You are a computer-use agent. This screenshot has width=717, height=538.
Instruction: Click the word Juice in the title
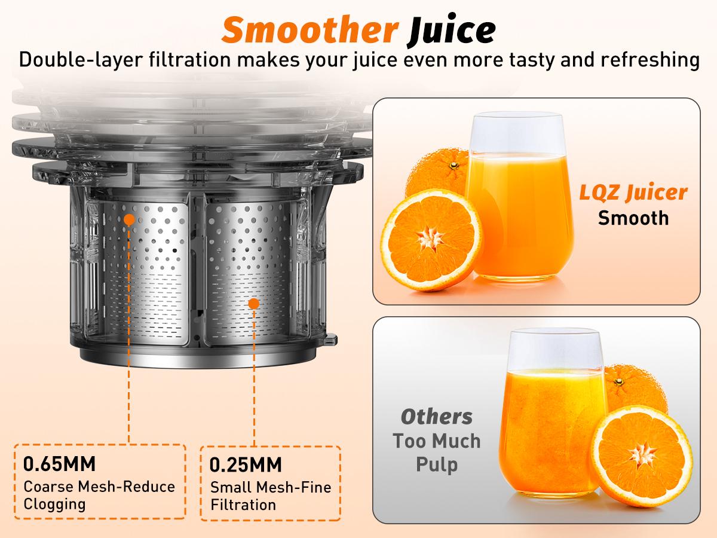[452, 30]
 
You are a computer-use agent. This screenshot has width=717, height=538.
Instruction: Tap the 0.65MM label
[59, 463]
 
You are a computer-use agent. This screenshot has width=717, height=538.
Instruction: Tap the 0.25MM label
[246, 465]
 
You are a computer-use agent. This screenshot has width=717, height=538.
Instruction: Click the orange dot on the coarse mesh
[129, 219]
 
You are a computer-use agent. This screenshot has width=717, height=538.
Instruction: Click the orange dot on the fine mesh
[253, 304]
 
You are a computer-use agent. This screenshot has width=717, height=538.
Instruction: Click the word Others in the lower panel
[436, 416]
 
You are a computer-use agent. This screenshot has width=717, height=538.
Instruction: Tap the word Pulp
[437, 465]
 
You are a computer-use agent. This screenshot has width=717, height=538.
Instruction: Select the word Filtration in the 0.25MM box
[243, 505]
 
